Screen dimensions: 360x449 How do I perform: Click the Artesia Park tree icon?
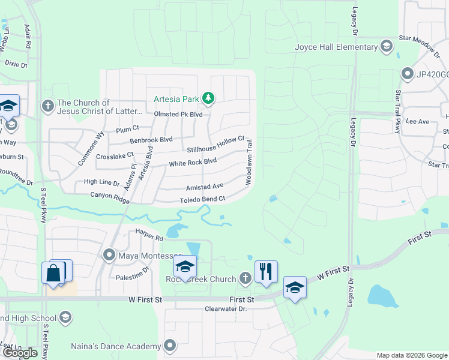point(208,98)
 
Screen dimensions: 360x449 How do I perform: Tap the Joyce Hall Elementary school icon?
point(387,47)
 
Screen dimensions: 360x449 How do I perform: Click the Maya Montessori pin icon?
point(109,256)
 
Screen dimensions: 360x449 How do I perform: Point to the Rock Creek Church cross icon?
point(245,278)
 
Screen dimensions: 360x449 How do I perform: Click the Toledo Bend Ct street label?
point(202,199)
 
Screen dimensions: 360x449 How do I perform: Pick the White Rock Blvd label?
point(192,162)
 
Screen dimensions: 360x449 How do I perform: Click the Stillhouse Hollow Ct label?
point(215,145)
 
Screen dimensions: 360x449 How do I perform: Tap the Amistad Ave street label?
point(205,187)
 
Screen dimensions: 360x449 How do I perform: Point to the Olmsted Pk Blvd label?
point(178,114)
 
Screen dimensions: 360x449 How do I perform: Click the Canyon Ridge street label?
point(110,198)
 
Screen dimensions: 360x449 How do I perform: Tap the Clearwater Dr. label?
point(226,308)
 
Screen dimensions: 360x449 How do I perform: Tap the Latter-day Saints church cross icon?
point(47,106)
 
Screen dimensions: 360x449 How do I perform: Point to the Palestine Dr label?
point(134,271)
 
